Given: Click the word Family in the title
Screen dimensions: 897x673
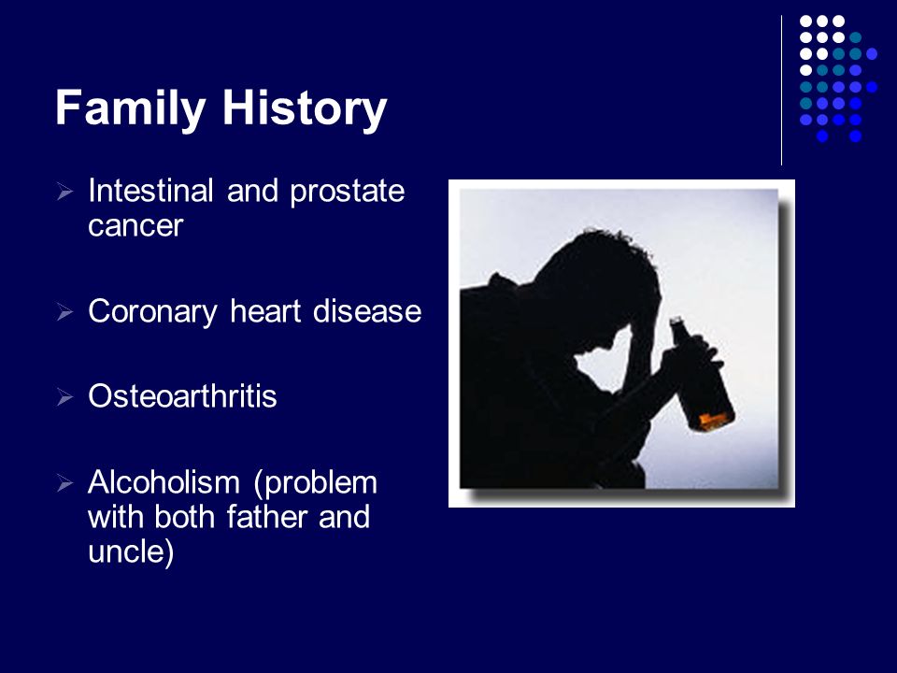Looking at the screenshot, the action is click(x=131, y=107).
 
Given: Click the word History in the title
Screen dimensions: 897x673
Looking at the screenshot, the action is click(x=305, y=107).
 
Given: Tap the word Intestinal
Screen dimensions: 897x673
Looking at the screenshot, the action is click(x=151, y=190).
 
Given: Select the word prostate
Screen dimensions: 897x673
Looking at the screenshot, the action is click(x=348, y=192).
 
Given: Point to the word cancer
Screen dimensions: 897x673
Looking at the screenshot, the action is click(x=135, y=226).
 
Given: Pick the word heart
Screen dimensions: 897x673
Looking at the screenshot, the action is click(x=265, y=311).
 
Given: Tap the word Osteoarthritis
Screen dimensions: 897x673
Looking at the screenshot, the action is click(x=182, y=395).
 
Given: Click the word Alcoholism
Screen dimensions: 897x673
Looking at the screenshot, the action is click(x=164, y=482).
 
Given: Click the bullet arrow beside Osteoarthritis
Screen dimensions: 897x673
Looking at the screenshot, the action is click(x=65, y=396).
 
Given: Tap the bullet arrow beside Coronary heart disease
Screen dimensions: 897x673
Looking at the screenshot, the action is click(x=65, y=312).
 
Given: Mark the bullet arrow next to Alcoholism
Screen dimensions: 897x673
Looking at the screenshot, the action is click(x=65, y=483).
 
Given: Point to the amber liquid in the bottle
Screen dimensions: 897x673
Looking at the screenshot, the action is click(x=716, y=421).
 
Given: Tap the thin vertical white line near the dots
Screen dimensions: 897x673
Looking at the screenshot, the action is click(x=781, y=90).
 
